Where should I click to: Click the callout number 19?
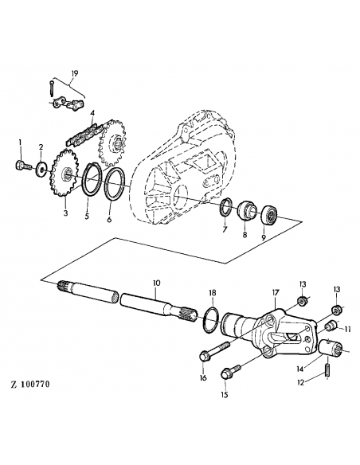pyautogui.click(x=74, y=73)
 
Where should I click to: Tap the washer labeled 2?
pyautogui.click(x=41, y=169)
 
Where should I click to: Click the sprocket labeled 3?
pyautogui.click(x=65, y=174)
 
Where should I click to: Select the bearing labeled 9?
pyautogui.click(x=270, y=213)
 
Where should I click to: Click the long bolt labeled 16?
pyautogui.click(x=214, y=350)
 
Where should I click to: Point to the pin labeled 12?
pyautogui.click(x=327, y=371)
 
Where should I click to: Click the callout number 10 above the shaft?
pyautogui.click(x=156, y=283)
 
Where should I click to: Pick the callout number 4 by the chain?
pyautogui.click(x=92, y=113)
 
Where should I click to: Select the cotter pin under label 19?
pyautogui.click(x=52, y=88)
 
